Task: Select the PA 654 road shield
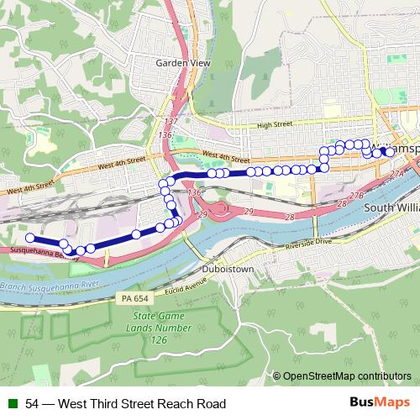point(134,299)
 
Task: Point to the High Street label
point(275,124)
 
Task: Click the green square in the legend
point(12,404)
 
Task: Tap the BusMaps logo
point(379,404)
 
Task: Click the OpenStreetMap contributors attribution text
point(347,377)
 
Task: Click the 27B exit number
point(357,194)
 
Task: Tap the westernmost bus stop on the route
point(29,237)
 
